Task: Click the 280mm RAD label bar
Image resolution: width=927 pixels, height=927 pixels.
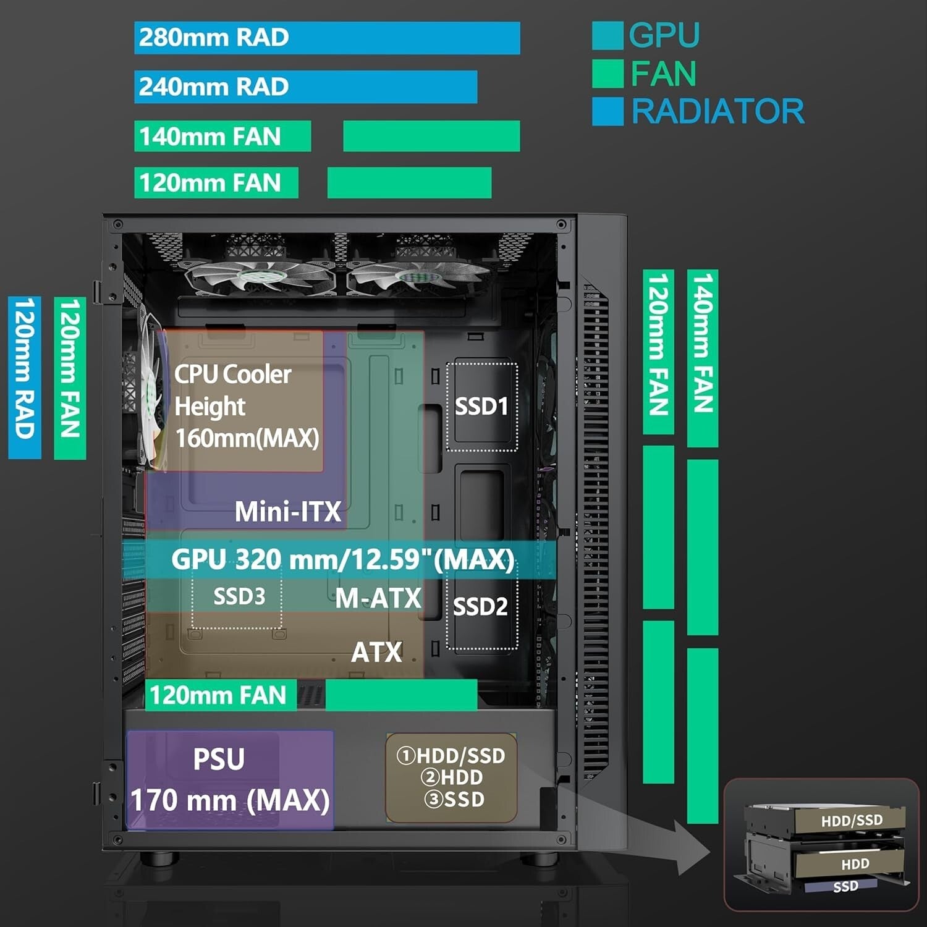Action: pyautogui.click(x=326, y=38)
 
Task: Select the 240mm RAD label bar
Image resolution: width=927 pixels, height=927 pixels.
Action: pyautogui.click(x=305, y=87)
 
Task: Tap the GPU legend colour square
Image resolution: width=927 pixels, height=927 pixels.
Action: pyautogui.click(x=607, y=36)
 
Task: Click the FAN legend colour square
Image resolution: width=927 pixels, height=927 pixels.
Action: pyautogui.click(x=607, y=74)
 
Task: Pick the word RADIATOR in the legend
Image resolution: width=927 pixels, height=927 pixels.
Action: pyautogui.click(x=717, y=112)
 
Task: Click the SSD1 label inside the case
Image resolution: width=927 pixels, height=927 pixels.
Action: pyautogui.click(x=481, y=407)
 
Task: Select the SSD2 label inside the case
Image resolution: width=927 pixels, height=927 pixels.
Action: pyautogui.click(x=480, y=607)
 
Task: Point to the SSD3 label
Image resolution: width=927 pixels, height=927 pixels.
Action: pyautogui.click(x=239, y=596)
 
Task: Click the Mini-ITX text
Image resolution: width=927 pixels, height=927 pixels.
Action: pyautogui.click(x=287, y=512)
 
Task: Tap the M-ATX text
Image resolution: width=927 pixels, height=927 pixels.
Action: pyautogui.click(x=378, y=598)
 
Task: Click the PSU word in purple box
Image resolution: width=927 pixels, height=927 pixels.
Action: pyautogui.click(x=219, y=759)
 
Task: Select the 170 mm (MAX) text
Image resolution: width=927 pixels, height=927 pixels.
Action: pyautogui.click(x=230, y=800)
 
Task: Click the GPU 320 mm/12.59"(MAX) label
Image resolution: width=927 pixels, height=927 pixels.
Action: pyautogui.click(x=342, y=559)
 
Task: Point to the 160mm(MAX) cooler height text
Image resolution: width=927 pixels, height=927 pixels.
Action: pyautogui.click(x=247, y=438)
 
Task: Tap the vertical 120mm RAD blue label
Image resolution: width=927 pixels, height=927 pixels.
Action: pyautogui.click(x=25, y=378)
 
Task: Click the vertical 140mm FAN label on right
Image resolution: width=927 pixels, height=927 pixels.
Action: pyautogui.click(x=703, y=358)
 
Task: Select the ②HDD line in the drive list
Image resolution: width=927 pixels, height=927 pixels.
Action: pyautogui.click(x=451, y=777)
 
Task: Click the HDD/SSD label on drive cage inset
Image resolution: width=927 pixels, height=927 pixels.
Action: pyautogui.click(x=852, y=821)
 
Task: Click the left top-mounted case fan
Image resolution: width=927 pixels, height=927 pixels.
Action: pyautogui.click(x=258, y=276)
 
